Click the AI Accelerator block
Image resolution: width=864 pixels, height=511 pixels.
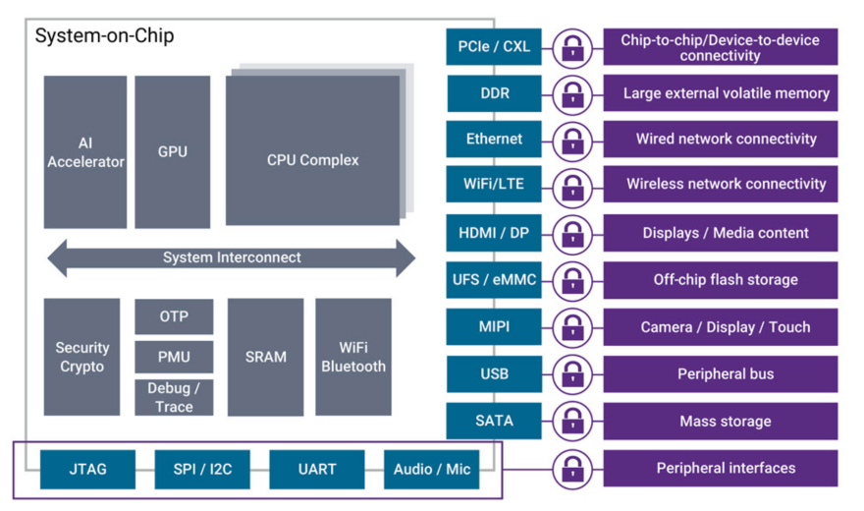[85, 152]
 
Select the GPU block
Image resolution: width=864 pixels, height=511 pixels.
[173, 152]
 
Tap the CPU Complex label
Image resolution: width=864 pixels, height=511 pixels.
[313, 159]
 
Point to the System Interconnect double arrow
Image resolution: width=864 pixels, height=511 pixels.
[232, 257]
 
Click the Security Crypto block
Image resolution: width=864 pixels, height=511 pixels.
[81, 357]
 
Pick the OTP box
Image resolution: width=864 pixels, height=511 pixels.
[174, 316]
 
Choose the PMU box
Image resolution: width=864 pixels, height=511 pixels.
[174, 357]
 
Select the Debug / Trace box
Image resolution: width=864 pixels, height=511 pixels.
[174, 397]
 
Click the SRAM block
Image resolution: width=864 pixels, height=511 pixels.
[265, 357]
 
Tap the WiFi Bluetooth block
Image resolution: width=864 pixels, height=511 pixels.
[353, 357]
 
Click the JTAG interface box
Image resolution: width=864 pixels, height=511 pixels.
[87, 470]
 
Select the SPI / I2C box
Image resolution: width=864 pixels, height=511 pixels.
[202, 470]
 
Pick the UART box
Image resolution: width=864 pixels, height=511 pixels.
[317, 470]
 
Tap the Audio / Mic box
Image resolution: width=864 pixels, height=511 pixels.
[432, 470]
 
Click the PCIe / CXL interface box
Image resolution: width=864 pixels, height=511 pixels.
[494, 46]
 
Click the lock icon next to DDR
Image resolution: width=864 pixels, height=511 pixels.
[571, 94]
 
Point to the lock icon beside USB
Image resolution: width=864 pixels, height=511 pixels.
[571, 374]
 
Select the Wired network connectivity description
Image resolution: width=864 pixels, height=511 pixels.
[721, 140]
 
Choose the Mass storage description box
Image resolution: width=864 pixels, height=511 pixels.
[721, 422]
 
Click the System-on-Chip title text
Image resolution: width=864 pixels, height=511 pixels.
[105, 36]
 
